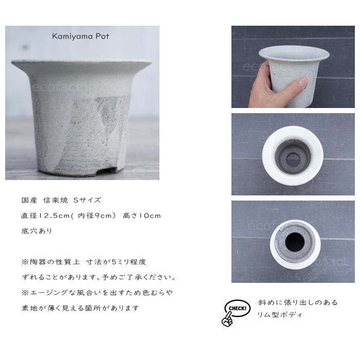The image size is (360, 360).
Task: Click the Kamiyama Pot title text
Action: point(80,37)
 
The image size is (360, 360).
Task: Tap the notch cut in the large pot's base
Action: point(109,170)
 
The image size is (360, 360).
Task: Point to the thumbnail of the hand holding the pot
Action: point(293,67)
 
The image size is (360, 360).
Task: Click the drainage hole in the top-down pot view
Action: point(293,159)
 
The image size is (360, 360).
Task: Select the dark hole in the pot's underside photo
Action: point(295,242)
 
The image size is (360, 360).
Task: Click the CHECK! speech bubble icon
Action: point(237,308)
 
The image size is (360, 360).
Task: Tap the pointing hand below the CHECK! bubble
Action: point(227,319)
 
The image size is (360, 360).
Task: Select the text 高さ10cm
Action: point(142,215)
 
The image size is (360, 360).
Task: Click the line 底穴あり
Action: point(37,231)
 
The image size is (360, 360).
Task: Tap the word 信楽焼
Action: point(56,200)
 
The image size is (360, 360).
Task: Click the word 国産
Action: point(29,200)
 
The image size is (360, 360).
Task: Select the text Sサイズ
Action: point(87,200)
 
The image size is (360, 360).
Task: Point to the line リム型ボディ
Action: point(280,315)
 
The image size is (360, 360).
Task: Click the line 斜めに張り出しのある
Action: point(298,302)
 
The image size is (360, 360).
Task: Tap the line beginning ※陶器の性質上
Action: point(84,262)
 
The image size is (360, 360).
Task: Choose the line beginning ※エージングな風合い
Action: point(97,293)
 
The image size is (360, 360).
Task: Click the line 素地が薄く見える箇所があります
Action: point(80,308)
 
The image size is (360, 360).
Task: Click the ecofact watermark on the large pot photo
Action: point(56,87)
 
